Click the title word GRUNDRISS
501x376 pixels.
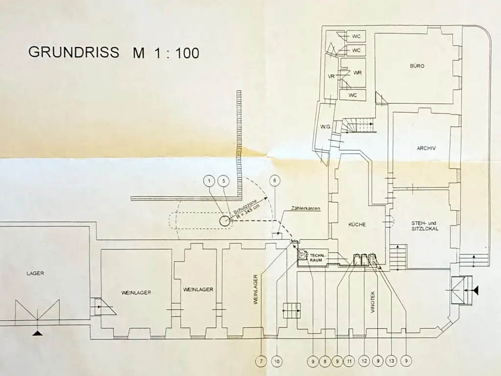73,52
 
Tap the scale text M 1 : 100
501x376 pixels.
166,53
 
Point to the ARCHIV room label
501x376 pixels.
426,148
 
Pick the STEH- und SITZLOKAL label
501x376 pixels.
425,226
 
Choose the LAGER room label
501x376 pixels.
35,273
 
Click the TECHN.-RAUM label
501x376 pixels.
316,258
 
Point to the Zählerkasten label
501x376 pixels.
305,209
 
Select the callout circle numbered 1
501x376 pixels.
209,181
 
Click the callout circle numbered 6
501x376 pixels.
275,181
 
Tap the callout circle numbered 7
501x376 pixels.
262,362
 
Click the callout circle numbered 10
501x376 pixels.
277,362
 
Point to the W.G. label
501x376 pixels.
326,128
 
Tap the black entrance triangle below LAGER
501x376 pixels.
37,333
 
